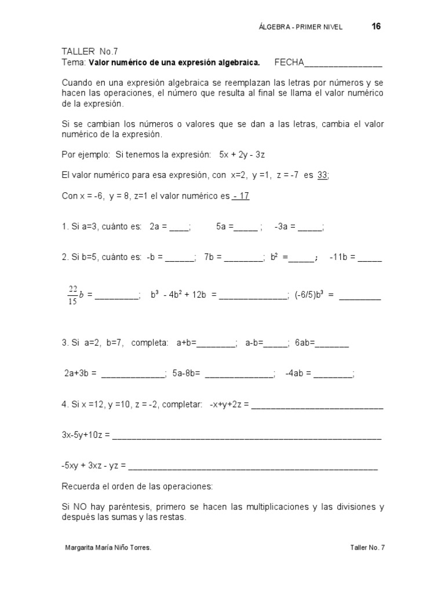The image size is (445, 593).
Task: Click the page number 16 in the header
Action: pos(375,27)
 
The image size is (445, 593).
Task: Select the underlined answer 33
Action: pos(323,175)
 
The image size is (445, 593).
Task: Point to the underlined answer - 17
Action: pos(240,196)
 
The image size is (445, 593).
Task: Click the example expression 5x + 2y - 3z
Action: pos(242,155)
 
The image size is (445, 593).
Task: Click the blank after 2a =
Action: pos(179,228)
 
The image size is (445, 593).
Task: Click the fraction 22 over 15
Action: pos(73,294)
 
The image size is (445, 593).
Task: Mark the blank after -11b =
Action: pos(370,258)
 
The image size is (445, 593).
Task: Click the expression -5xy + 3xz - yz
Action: pos(93,465)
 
